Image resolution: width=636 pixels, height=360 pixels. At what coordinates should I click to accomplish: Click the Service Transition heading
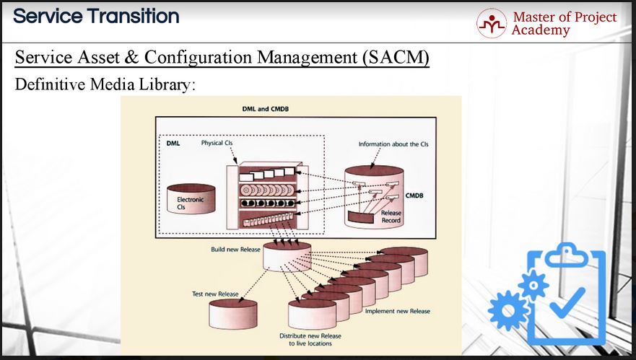point(96,16)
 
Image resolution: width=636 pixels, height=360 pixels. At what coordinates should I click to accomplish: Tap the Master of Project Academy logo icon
point(492,24)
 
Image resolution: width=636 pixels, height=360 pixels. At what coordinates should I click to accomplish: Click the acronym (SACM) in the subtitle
point(396,57)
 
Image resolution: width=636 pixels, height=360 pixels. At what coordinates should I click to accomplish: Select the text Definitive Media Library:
point(105,84)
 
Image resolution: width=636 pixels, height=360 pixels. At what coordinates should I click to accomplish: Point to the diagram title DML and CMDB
point(265,109)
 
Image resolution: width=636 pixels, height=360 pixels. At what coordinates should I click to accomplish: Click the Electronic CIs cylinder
point(191,198)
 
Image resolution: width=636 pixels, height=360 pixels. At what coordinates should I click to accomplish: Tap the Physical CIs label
point(217,143)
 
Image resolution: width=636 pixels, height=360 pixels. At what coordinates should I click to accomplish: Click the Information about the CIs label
point(393,144)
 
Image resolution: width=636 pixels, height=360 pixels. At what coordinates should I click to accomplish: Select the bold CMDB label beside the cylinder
point(414,196)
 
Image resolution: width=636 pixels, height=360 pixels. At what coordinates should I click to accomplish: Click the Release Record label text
point(391,216)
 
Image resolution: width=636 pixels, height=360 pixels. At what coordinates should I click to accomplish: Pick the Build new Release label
point(235,250)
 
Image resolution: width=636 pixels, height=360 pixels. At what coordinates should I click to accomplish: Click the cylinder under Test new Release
point(233,314)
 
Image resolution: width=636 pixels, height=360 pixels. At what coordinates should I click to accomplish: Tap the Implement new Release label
point(398,311)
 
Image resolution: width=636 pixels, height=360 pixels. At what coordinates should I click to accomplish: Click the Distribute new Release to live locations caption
point(310,339)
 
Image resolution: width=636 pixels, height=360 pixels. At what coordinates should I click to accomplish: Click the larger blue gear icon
point(508,310)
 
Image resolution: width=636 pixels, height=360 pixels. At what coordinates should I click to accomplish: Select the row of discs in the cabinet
point(266,190)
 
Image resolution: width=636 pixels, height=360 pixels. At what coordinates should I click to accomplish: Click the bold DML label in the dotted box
point(173,143)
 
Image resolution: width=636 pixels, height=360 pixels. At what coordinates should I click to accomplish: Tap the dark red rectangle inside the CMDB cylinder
point(360,218)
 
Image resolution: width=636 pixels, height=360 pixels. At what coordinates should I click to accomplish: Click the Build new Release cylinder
point(287,257)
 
